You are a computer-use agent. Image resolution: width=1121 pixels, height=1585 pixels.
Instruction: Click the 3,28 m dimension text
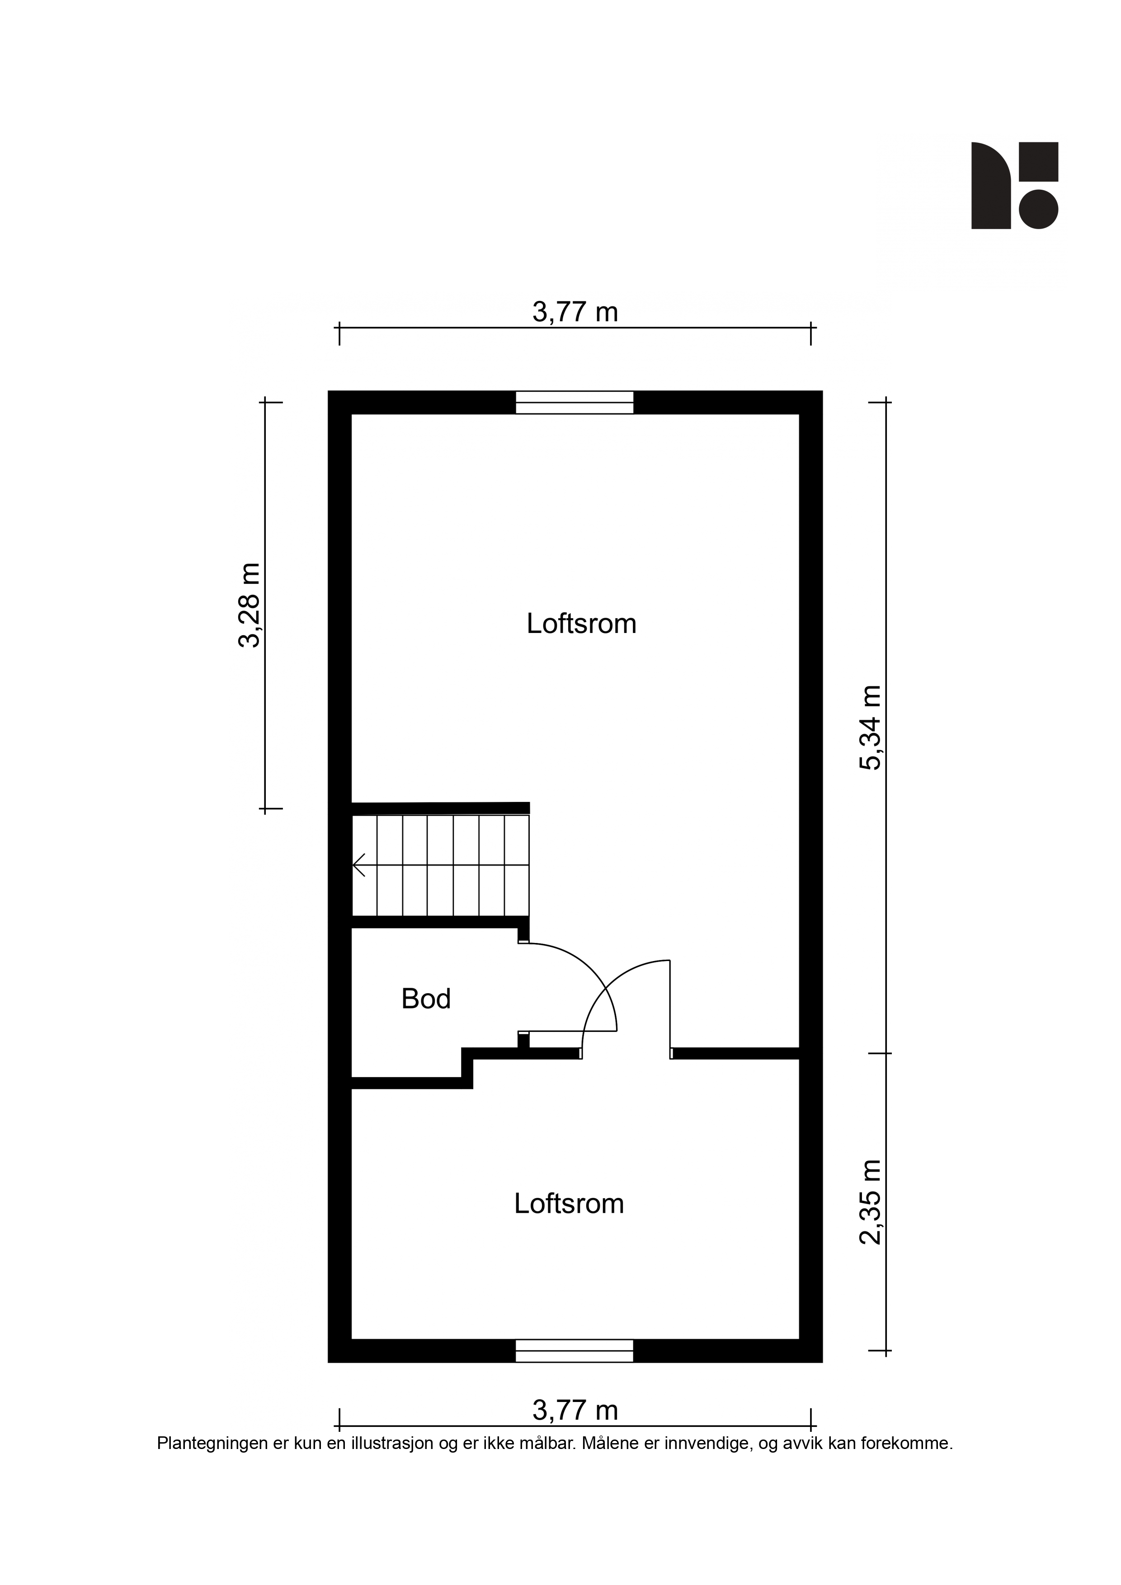tap(250, 605)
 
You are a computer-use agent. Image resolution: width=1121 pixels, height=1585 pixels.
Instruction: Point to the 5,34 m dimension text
tap(870, 727)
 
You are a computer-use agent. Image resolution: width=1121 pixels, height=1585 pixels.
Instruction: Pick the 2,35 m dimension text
tap(870, 1202)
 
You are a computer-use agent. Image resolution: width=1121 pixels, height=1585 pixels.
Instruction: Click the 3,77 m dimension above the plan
tap(575, 313)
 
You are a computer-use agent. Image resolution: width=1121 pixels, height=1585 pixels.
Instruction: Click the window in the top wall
tap(574, 403)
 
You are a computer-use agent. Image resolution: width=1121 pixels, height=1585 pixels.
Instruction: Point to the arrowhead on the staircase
tap(358, 865)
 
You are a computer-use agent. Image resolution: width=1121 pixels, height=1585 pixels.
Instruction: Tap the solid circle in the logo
tap(1039, 209)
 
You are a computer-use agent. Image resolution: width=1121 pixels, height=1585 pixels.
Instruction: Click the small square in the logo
tap(1039, 162)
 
